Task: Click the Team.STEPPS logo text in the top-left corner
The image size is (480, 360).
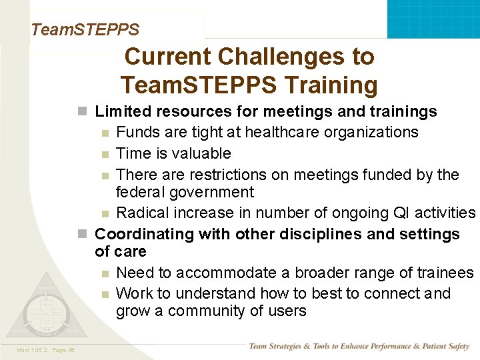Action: (85, 29)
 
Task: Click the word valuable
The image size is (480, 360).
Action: (201, 153)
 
